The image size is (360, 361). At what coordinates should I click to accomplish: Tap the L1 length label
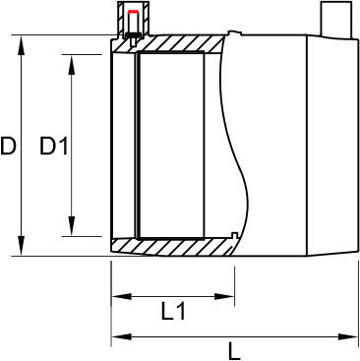pyautogui.click(x=173, y=313)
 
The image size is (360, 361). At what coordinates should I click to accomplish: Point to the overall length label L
pyautogui.click(x=233, y=348)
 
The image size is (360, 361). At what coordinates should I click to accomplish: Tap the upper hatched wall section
pyautogui.click(x=177, y=44)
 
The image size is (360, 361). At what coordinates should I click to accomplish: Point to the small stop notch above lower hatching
pyautogui.click(x=231, y=234)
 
